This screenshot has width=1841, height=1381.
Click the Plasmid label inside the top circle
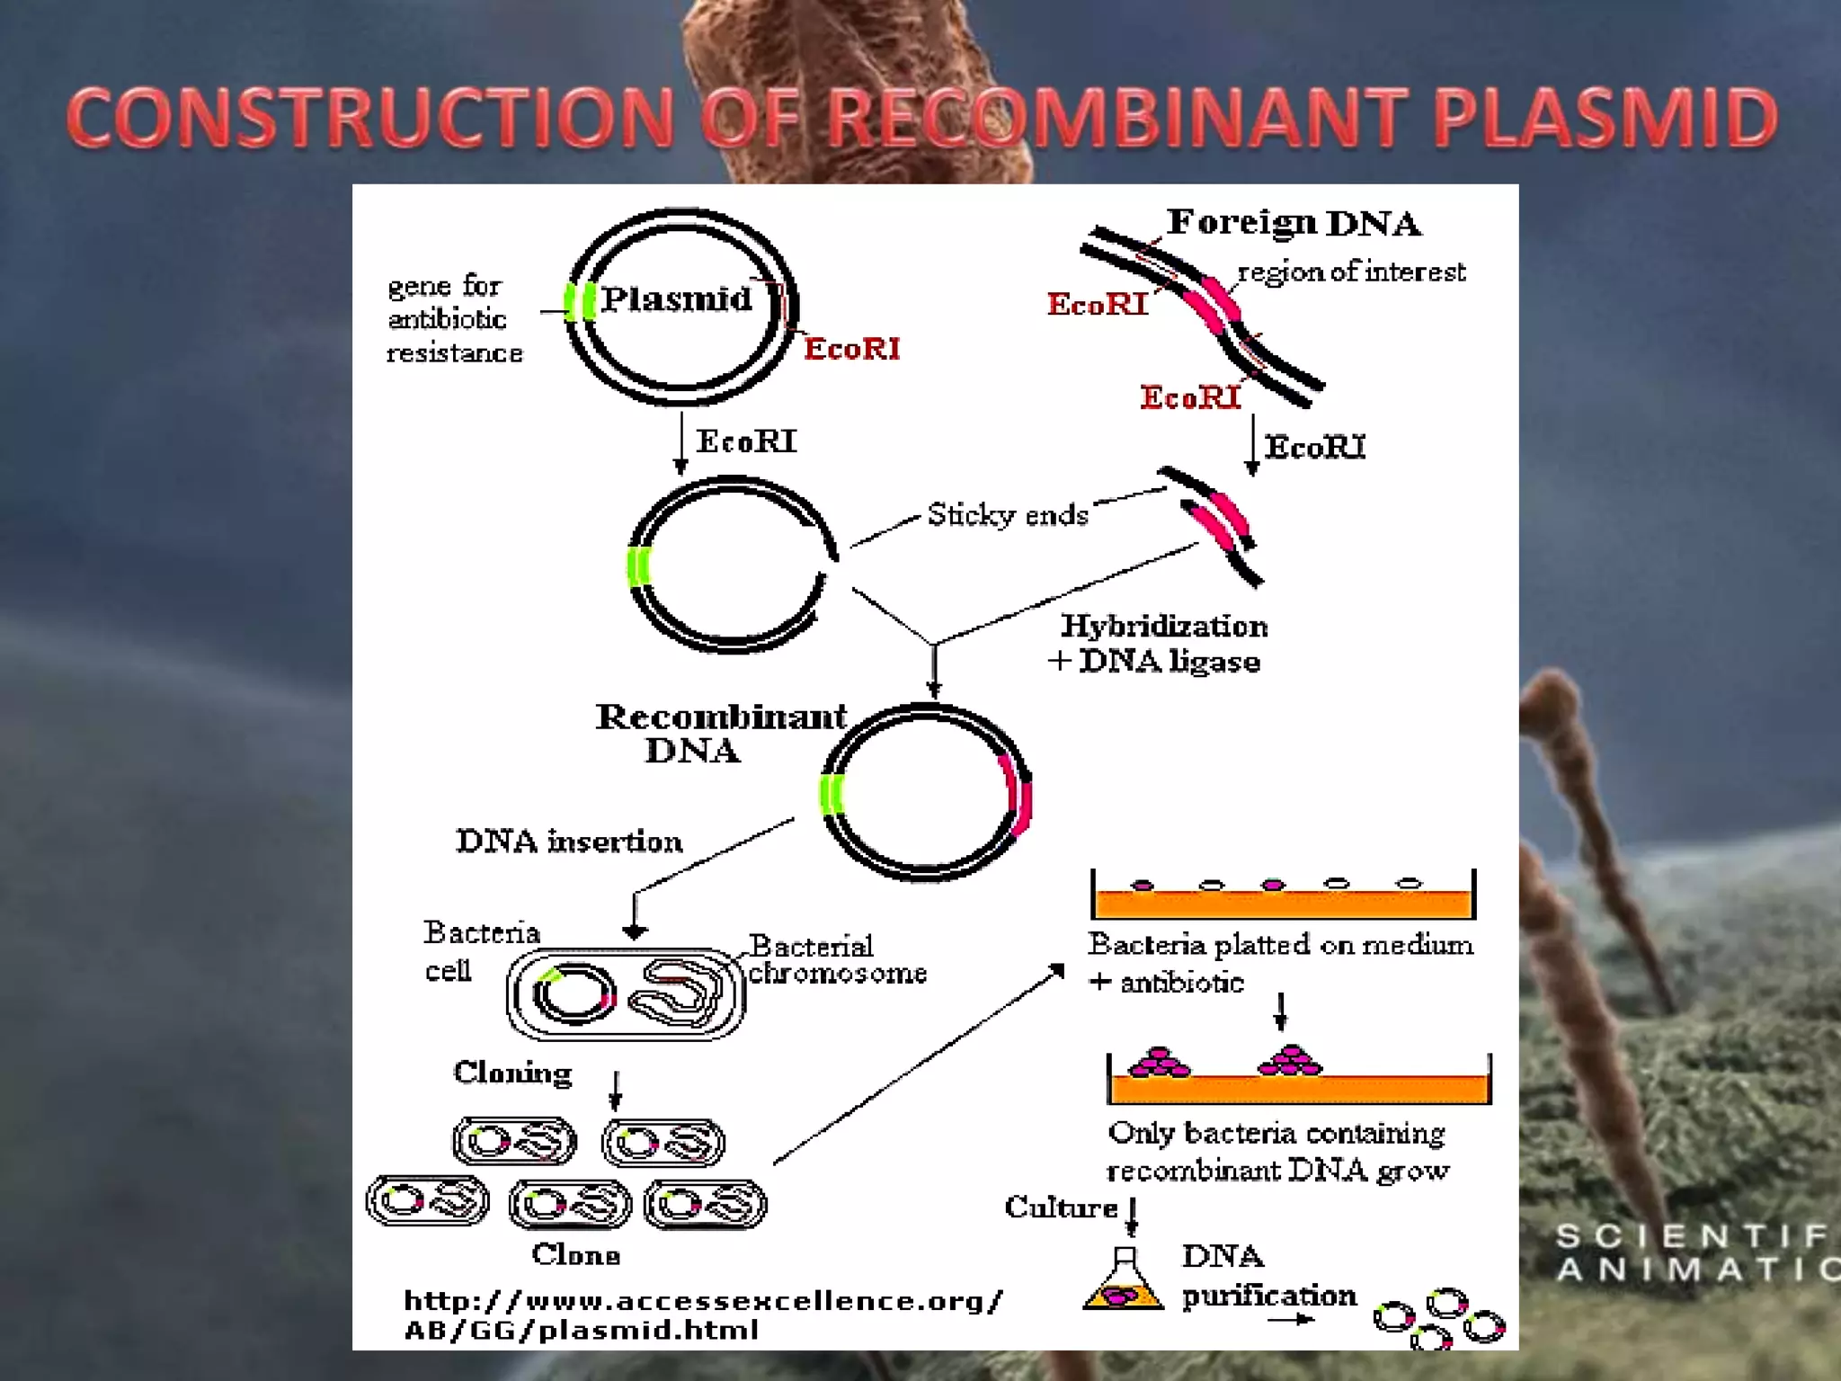coord(676,298)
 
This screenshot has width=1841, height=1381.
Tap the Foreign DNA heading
coord(1294,222)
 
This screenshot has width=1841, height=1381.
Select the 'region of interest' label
coord(1351,272)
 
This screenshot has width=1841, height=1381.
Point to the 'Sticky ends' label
coord(1007,515)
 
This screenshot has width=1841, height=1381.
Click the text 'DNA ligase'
coord(1169,662)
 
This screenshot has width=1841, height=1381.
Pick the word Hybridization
coord(1164,626)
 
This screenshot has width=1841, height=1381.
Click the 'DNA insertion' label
coord(569,842)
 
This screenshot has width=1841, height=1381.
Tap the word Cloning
coord(512,1073)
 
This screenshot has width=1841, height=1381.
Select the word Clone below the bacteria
coord(575,1254)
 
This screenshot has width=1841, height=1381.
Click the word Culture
coord(1061,1207)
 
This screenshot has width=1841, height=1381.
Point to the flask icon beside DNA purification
coord(1124,1281)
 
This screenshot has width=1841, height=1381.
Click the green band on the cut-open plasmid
coord(638,566)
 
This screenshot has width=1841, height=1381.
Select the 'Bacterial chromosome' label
coord(836,959)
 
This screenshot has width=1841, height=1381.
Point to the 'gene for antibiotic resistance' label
coord(454,319)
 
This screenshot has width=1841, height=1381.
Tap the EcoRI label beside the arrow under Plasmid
coord(746,441)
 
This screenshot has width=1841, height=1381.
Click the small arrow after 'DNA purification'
coord(1292,1320)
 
